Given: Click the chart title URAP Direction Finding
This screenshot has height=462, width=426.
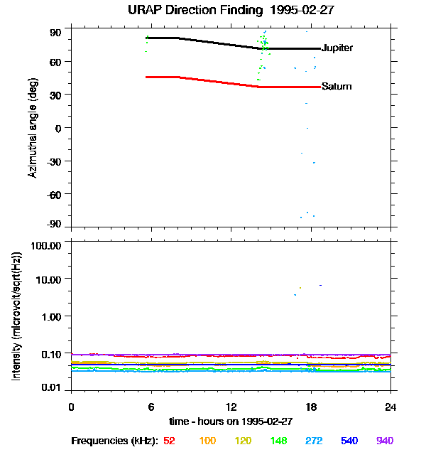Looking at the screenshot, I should [212, 10].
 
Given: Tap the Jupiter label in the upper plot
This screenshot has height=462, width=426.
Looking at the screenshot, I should [337, 48].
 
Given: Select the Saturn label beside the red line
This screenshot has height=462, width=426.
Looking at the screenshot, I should [336, 87].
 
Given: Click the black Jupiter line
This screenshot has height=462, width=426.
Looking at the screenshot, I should [213, 42].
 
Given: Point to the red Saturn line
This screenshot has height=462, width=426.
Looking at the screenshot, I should [213, 81].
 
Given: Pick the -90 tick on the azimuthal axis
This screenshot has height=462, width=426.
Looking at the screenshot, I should [54, 224].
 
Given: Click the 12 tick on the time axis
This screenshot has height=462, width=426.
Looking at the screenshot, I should [231, 407].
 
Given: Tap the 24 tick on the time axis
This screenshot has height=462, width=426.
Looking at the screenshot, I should [390, 407].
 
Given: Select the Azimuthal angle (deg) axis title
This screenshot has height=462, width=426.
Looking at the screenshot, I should [32, 128].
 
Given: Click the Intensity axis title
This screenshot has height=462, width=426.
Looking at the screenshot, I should [17, 316].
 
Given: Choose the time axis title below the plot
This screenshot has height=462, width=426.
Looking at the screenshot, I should [231, 421].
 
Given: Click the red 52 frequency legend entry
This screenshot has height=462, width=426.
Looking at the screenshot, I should [170, 441].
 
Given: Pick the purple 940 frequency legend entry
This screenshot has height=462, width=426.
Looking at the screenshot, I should [384, 441].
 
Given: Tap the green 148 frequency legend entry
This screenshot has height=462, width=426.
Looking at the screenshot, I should [279, 441].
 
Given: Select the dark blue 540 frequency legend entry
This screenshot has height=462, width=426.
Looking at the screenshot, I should [349, 441].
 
